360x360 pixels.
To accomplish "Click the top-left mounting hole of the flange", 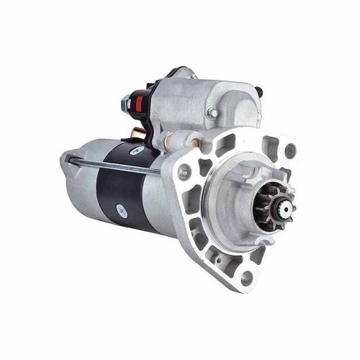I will [184, 170].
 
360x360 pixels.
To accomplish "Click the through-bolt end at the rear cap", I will [67, 157].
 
